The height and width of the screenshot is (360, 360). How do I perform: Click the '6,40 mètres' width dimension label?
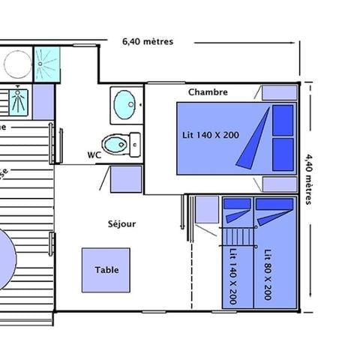[147, 42]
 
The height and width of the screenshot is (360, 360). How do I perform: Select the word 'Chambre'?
[208, 92]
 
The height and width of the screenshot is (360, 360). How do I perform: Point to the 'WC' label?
[94, 155]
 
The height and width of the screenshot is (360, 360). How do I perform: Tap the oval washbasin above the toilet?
[123, 104]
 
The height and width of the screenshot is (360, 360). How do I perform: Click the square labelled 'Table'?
[105, 270]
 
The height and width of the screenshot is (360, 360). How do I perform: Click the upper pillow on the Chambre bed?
[283, 118]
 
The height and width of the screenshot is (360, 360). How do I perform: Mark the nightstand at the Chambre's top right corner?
[278, 92]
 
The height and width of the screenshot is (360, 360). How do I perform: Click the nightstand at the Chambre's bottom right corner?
[278, 184]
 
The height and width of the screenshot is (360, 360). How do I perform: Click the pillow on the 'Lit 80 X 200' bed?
[274, 204]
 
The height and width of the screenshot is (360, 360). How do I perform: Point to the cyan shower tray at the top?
[46, 64]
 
